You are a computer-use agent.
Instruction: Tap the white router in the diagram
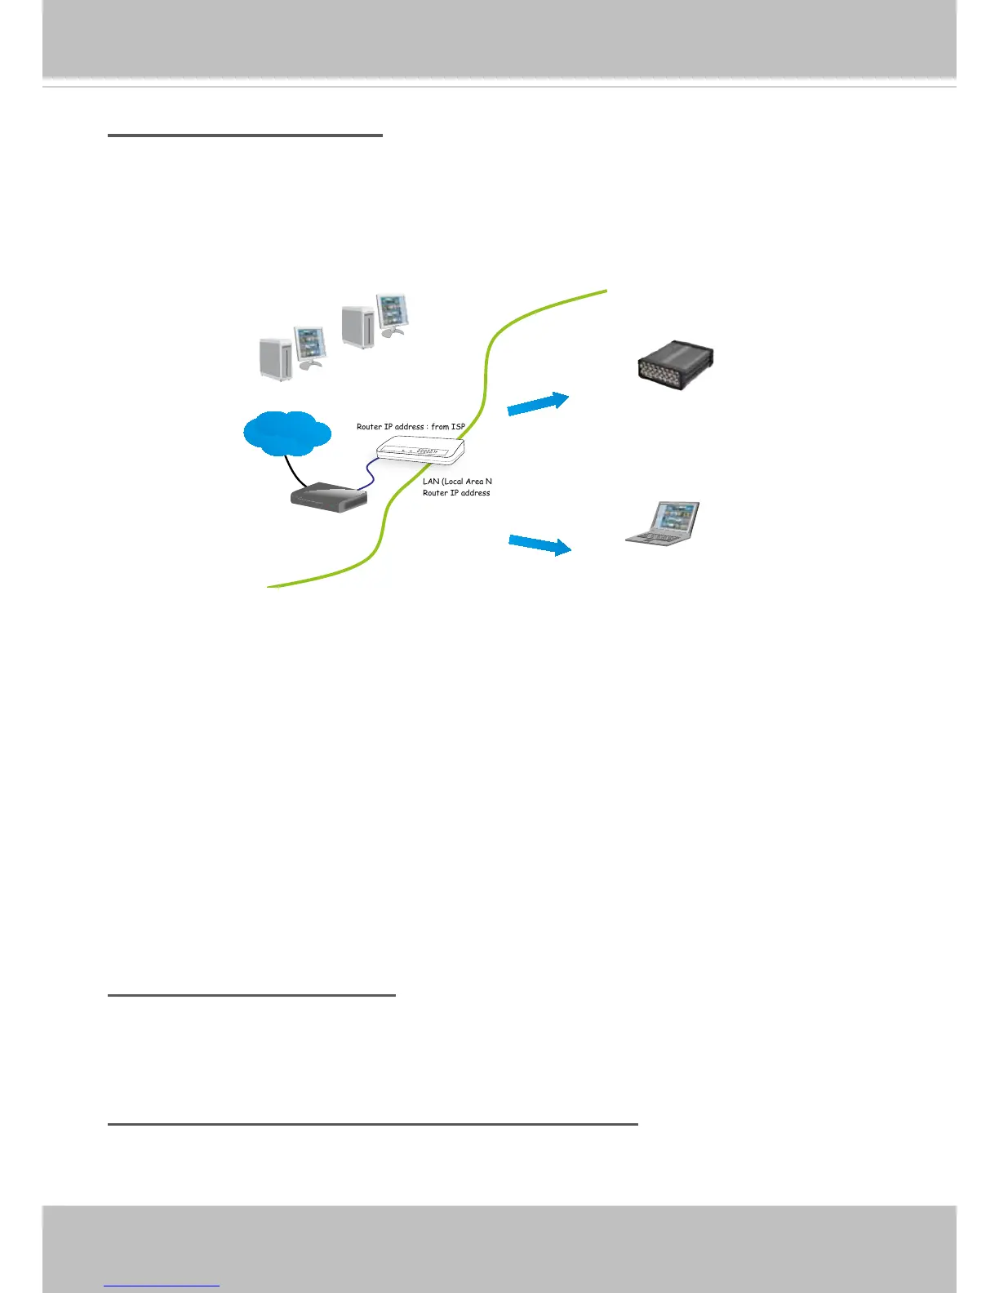coord(420,450)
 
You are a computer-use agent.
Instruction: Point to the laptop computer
coord(664,524)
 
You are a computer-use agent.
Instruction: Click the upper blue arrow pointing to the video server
coord(537,404)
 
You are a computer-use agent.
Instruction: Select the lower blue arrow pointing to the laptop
coord(539,544)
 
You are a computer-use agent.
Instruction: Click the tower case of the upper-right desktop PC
coord(357,327)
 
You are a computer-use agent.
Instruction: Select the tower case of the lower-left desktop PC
coord(275,358)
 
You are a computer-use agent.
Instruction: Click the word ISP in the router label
coord(458,427)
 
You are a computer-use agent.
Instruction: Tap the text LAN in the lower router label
coord(431,482)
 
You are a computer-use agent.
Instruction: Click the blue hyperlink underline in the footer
coord(162,1286)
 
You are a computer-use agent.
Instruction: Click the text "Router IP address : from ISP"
coord(411,427)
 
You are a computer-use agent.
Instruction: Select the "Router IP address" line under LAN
coord(456,493)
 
